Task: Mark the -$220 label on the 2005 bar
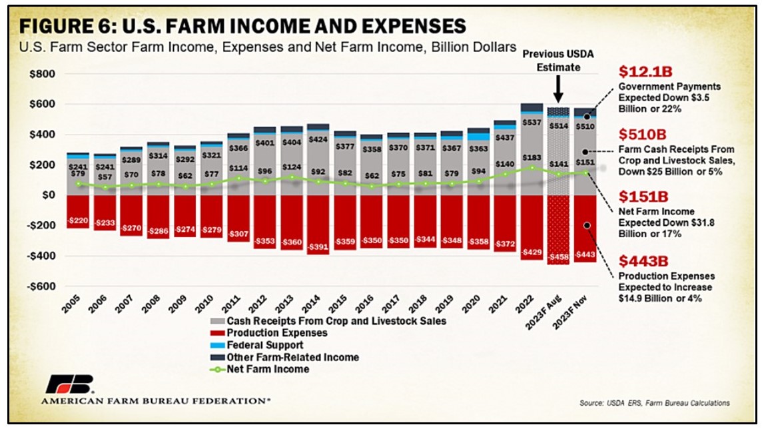[79, 220]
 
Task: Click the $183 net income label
[532, 157]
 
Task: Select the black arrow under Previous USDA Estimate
[559, 88]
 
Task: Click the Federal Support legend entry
[266, 345]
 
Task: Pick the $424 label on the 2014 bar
[318, 141]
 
